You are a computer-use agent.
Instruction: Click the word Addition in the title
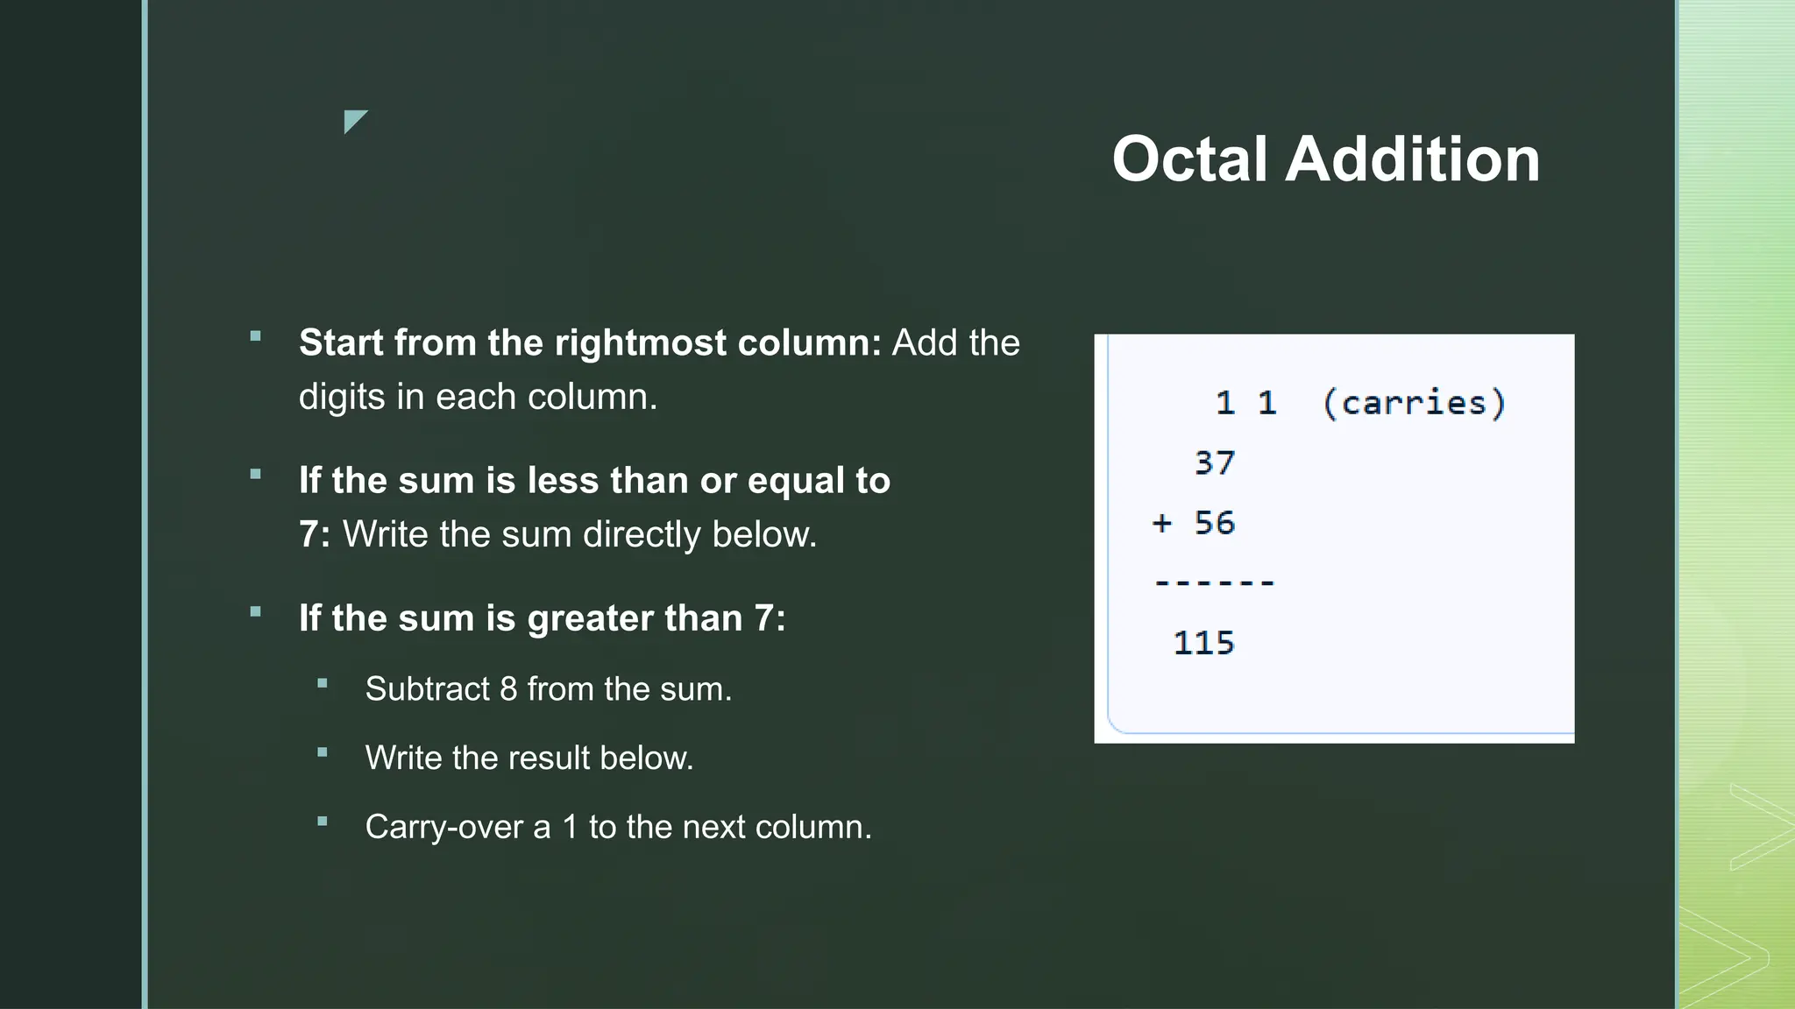pyautogui.click(x=1412, y=159)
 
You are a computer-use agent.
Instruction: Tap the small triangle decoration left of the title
pyautogui.click(x=354, y=121)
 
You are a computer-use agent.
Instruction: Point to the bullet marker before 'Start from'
pyautogui.click(x=256, y=336)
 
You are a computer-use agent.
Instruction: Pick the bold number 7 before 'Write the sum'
pyautogui.click(x=309, y=534)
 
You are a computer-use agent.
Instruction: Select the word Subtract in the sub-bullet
pyautogui.click(x=427, y=689)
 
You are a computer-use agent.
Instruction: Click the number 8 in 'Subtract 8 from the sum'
pyautogui.click(x=508, y=689)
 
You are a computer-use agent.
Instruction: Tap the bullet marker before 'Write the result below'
pyautogui.click(x=323, y=752)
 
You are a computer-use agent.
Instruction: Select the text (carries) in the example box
pyautogui.click(x=1414, y=403)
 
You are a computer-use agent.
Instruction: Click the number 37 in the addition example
pyautogui.click(x=1215, y=462)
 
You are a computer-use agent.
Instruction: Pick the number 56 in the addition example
pyautogui.click(x=1215, y=523)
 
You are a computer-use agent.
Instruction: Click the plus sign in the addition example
pyautogui.click(x=1162, y=523)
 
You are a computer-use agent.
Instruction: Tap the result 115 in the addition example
pyautogui.click(x=1204, y=643)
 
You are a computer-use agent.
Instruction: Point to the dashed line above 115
pyautogui.click(x=1215, y=582)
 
